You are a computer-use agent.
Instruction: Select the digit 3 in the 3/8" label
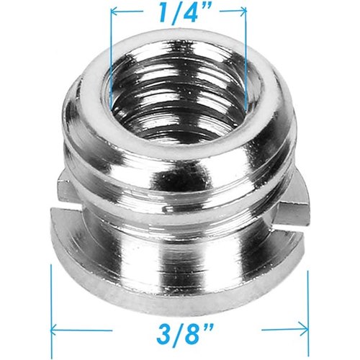164,333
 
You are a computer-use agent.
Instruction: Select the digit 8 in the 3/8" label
191,333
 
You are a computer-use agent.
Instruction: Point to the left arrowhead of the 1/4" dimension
114,12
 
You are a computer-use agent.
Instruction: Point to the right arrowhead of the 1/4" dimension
243,11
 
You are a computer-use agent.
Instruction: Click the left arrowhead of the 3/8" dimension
54,330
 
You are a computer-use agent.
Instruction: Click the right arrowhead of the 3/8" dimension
305,330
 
